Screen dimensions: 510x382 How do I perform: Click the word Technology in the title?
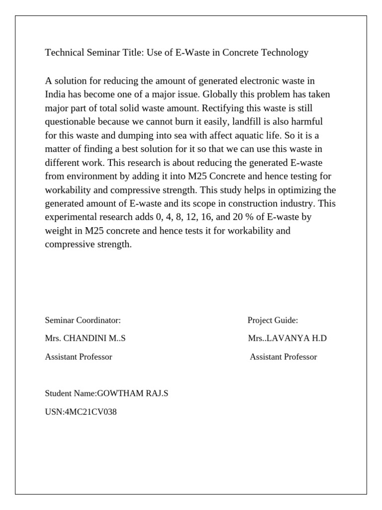(x=284, y=53)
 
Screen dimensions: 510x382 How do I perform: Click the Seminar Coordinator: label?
(x=83, y=320)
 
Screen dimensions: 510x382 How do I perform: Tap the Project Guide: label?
(x=273, y=320)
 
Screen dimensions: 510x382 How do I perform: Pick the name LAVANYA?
(x=287, y=339)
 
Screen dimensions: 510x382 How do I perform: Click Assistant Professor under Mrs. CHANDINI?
(x=79, y=357)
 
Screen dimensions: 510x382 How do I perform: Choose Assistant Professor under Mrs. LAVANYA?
(x=283, y=357)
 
